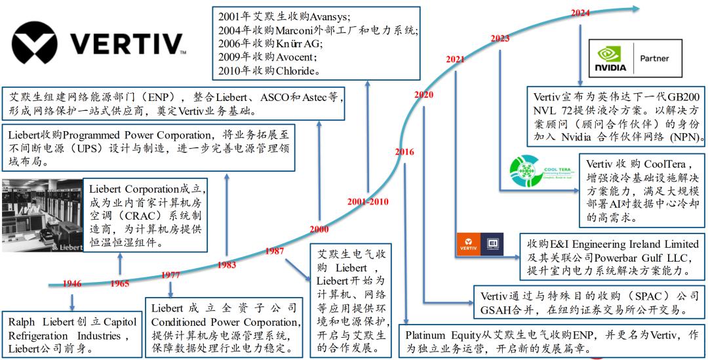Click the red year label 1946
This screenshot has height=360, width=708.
72,284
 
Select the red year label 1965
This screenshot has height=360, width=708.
119,284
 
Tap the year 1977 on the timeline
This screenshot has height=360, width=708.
170,275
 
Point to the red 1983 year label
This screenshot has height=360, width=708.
227,265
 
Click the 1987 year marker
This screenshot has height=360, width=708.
275,251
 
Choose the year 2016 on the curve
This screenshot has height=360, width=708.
405,152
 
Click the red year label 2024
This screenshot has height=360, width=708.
580,12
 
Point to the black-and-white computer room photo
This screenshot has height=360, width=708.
43,214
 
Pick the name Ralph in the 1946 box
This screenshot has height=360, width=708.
24,323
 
